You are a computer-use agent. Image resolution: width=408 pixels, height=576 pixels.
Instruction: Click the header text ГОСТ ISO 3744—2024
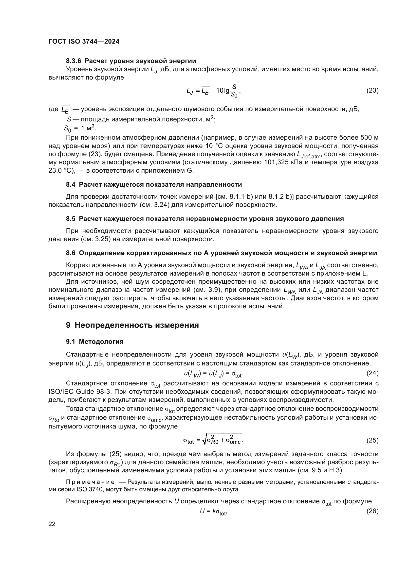point(84,42)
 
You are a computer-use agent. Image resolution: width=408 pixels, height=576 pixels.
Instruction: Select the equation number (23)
point(372,90)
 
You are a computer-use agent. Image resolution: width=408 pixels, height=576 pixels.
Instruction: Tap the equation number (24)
point(372,373)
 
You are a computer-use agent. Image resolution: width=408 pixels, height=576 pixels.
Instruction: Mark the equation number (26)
point(372,511)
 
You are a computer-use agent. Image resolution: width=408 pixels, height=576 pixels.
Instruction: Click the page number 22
point(52,524)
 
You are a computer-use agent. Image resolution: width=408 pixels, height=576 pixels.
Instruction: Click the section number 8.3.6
point(74,61)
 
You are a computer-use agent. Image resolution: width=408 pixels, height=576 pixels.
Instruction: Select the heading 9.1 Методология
point(95,341)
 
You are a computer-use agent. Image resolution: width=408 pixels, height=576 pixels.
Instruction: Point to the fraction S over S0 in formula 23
point(234,91)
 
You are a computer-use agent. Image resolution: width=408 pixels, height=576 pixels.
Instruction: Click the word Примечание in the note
point(90,482)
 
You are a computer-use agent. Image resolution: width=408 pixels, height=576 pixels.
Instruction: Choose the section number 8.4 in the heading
point(71,185)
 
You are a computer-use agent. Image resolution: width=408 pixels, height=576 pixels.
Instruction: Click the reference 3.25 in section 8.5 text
point(103,239)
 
